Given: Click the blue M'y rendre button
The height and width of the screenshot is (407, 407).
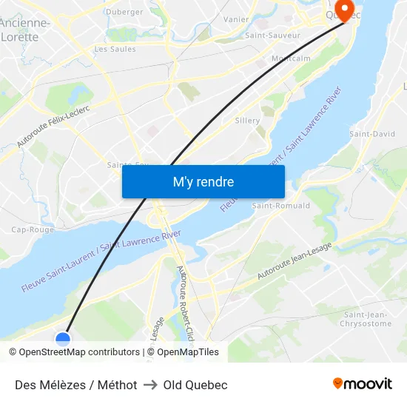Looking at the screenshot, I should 203,181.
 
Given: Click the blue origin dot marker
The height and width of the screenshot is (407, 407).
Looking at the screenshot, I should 63,339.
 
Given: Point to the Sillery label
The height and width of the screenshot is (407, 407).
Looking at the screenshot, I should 247,121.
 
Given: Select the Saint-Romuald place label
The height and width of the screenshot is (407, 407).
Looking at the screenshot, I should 281,205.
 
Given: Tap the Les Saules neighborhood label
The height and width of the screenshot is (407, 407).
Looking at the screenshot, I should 115,49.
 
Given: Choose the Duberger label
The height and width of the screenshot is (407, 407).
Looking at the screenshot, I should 124,12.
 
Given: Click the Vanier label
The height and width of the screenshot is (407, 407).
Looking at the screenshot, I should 235,19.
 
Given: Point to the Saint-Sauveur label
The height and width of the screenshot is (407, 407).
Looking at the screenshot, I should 272,35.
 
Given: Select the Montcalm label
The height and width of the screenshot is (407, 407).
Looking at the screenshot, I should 291,58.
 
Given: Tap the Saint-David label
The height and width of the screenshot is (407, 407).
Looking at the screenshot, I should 372,134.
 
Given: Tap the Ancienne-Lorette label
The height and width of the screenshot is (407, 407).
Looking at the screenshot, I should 25,29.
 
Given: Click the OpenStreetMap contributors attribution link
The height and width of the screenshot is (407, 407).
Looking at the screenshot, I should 79,352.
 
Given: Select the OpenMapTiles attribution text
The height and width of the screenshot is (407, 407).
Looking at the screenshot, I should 188,352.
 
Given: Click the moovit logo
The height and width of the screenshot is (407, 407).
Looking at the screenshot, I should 363,384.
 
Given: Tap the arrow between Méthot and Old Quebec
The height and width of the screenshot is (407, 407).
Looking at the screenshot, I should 150,385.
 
